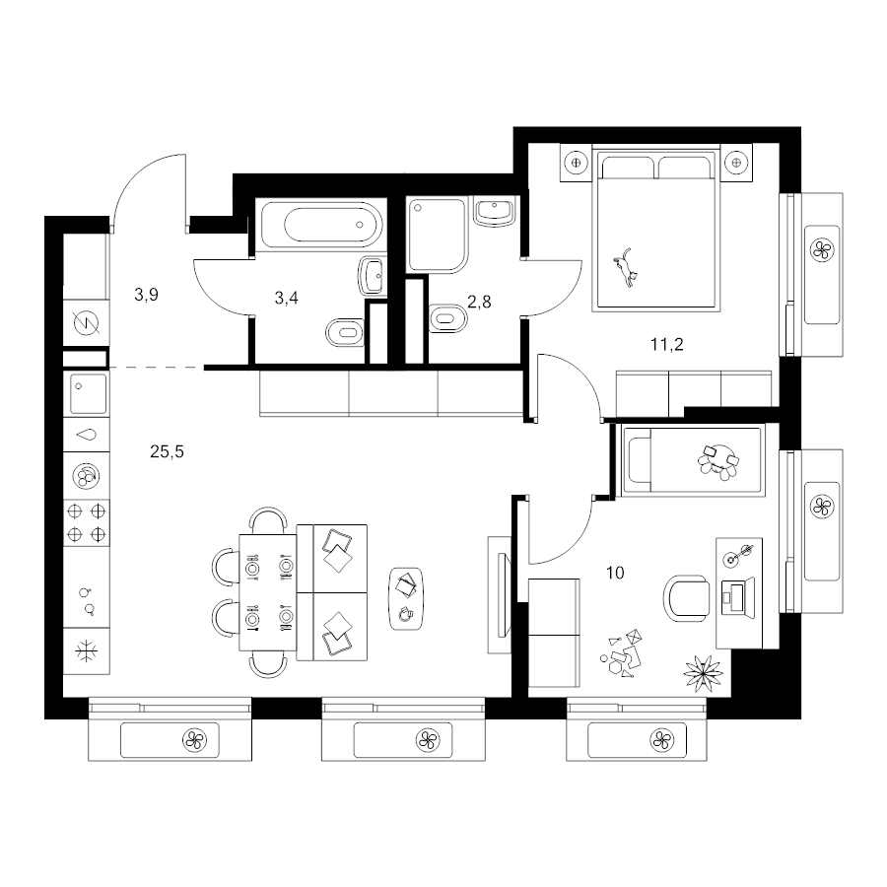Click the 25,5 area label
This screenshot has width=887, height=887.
point(167,452)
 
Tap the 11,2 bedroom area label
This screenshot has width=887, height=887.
point(667,344)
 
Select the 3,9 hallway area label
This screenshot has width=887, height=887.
point(146,295)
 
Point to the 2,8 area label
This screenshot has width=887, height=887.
point(479,303)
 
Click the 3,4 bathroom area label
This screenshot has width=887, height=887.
point(286,298)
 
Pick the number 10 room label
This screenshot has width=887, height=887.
point(615,573)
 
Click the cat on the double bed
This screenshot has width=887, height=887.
point(626,267)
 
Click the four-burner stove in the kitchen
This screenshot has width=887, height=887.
point(87,522)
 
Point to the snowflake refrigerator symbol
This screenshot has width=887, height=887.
point(87,651)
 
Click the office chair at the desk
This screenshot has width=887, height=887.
point(686,598)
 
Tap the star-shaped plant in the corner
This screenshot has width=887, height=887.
point(703,673)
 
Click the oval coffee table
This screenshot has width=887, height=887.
point(406,598)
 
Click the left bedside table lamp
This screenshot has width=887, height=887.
point(576,163)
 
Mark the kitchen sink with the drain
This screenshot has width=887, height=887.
point(88,393)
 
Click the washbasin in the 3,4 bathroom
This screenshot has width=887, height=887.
point(372,277)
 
